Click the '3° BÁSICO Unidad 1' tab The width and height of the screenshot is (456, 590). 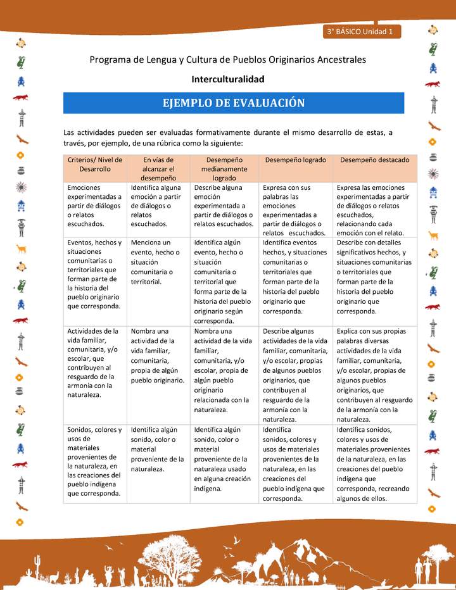[360, 31]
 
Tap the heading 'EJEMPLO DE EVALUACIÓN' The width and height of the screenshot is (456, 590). [234, 103]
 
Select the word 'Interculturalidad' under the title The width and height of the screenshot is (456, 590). [228, 79]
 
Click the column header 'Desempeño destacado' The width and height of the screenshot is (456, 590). [375, 160]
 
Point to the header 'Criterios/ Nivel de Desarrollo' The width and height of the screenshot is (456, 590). [95, 165]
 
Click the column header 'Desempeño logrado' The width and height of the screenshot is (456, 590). [296, 160]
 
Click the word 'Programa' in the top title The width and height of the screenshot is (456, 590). [110, 60]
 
